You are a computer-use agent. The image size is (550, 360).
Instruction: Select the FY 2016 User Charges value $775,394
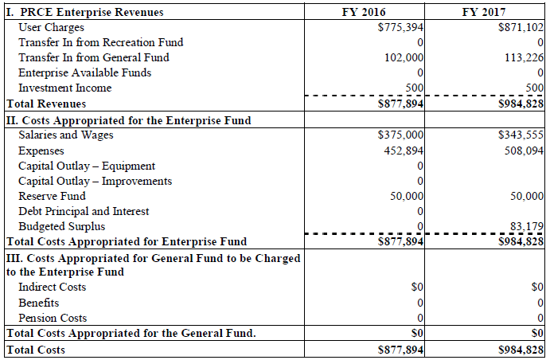click(x=400, y=27)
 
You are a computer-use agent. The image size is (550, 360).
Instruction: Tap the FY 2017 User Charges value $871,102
click(x=521, y=27)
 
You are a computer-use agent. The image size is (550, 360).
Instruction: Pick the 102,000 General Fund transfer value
click(x=405, y=57)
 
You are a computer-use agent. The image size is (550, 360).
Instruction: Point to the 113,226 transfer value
click(x=525, y=57)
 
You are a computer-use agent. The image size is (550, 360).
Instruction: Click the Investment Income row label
click(x=64, y=88)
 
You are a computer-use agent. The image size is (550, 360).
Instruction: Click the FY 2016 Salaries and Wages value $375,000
click(x=400, y=135)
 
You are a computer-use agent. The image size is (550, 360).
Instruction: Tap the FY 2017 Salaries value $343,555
click(x=521, y=135)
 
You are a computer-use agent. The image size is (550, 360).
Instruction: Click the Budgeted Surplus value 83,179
click(x=528, y=227)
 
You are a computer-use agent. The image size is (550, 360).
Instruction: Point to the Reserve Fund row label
click(x=52, y=196)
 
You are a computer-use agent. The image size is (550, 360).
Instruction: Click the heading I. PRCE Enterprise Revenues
click(x=84, y=12)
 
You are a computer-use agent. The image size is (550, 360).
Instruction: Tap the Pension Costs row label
click(x=53, y=318)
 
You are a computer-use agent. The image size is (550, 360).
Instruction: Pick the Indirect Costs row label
click(x=52, y=287)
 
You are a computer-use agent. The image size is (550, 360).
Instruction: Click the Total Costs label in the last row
click(x=35, y=349)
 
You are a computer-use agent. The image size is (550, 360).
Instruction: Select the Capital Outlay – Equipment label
click(x=87, y=166)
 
